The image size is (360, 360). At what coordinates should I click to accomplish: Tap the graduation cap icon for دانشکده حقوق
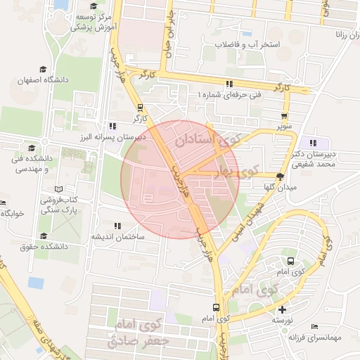pyautogui.click(x=44, y=236)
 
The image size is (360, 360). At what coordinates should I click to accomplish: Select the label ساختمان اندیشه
pyautogui.click(x=117, y=237)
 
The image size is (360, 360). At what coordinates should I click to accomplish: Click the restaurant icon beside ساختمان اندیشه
pyautogui.click(x=117, y=226)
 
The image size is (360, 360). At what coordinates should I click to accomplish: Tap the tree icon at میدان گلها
pyautogui.click(x=281, y=176)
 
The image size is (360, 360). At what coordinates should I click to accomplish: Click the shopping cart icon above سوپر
pyautogui.click(x=284, y=117)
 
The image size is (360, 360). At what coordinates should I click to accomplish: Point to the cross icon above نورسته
pyautogui.click(x=283, y=309)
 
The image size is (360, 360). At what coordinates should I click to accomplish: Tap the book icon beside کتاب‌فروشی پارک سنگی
pyautogui.click(x=58, y=189)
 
